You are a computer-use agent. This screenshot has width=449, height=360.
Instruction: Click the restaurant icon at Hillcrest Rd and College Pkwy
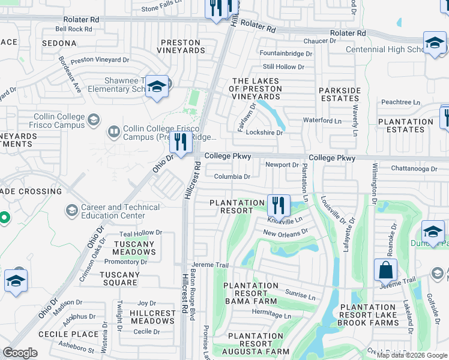coord(180,142)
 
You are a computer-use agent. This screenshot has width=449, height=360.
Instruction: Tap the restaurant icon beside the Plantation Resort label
coord(278,205)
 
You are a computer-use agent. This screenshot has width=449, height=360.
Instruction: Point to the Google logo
coord(20,353)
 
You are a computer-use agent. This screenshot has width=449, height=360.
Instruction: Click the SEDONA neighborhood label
coord(59,43)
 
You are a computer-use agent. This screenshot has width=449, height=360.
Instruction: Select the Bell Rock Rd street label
coord(73,29)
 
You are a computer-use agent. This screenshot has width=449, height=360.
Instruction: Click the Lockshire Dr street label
coord(264,133)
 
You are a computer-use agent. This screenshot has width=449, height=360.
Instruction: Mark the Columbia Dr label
coord(232,176)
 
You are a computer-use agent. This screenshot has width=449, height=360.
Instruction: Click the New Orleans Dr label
coord(285,232)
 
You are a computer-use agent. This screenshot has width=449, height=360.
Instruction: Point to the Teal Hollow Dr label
coord(141,233)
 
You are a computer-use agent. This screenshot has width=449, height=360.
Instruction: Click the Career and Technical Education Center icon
coord(72,211)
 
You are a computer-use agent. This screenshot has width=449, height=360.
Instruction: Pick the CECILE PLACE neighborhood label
coord(68,334)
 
